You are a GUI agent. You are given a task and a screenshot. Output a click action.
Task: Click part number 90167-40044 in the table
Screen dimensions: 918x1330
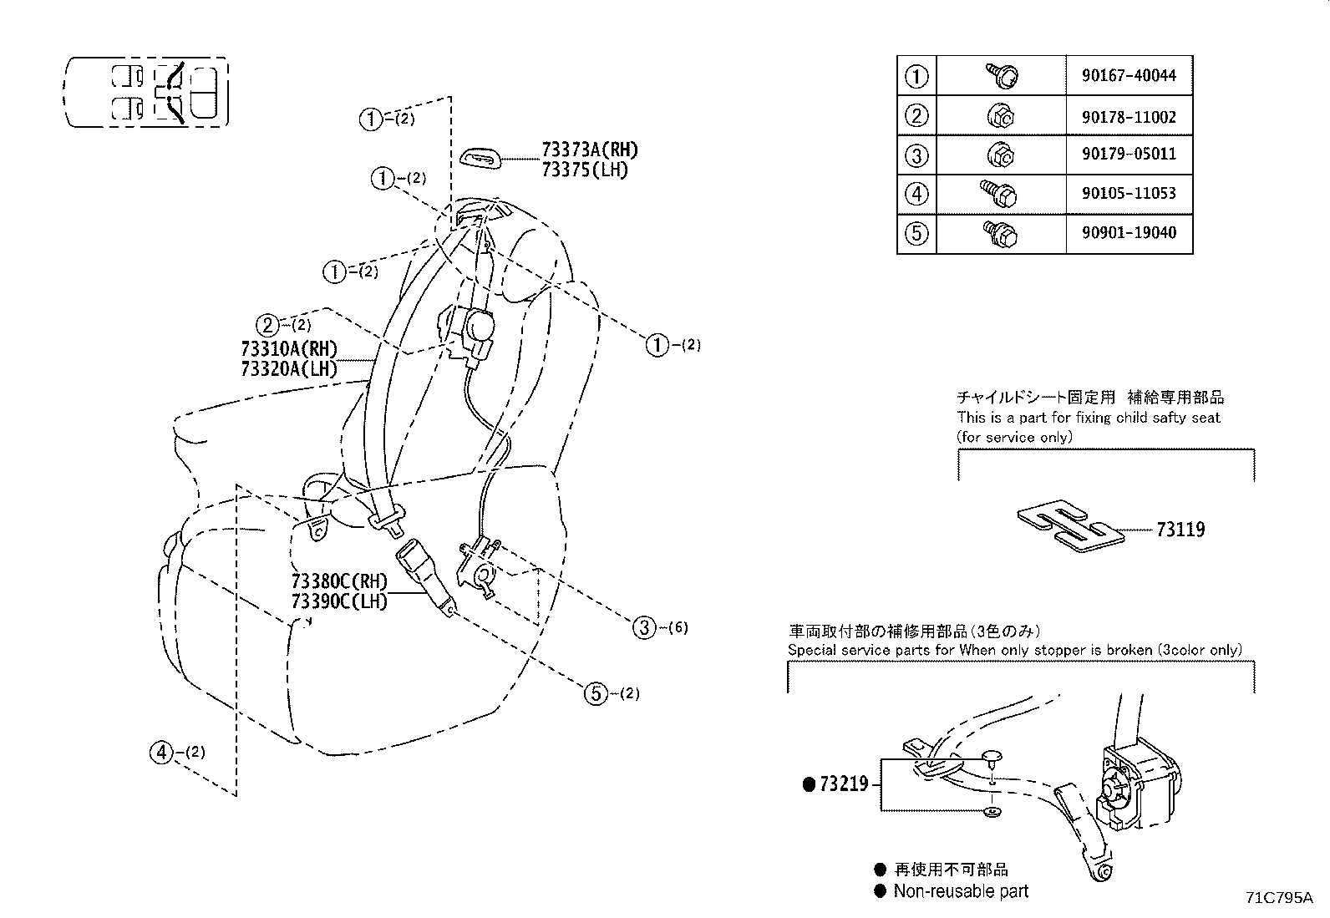click(1129, 75)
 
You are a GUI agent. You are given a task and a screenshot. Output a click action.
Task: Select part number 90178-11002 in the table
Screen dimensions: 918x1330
click(1129, 116)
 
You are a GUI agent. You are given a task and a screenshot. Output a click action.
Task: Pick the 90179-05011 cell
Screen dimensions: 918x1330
click(1129, 155)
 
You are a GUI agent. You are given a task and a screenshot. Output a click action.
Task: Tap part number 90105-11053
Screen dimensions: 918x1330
click(1129, 194)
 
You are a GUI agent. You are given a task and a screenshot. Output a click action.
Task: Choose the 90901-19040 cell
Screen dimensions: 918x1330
click(1129, 233)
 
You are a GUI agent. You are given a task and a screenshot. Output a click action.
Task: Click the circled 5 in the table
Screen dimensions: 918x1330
click(916, 233)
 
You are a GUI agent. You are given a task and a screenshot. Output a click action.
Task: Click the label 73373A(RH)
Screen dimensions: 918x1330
click(590, 150)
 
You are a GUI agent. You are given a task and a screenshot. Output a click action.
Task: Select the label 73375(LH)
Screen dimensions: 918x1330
click(585, 169)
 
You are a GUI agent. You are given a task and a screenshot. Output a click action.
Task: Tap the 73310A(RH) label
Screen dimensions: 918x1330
click(289, 349)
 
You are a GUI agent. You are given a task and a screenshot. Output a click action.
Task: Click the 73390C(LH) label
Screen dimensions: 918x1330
click(339, 601)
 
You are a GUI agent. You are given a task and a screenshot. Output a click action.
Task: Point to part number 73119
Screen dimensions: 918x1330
click(1180, 530)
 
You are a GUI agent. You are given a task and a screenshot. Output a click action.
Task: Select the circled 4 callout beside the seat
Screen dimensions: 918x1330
click(160, 753)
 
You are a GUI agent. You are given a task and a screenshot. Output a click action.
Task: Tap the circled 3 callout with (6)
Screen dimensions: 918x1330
click(644, 627)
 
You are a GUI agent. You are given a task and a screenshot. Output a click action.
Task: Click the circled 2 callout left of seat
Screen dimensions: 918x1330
click(266, 325)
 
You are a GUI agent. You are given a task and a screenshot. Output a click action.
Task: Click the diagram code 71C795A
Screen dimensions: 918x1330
click(1279, 898)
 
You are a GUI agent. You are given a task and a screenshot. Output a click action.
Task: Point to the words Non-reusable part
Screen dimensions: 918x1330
click(961, 891)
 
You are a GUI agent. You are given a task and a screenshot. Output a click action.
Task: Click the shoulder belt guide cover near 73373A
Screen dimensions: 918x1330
click(481, 157)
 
